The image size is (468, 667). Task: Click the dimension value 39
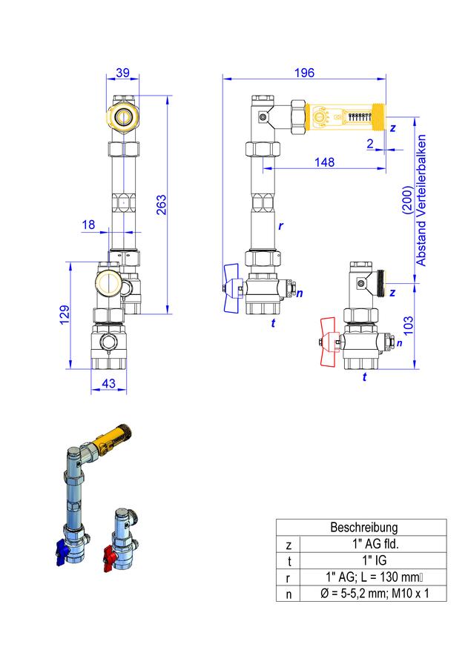coord(122,73)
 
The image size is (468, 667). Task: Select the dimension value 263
coord(162,205)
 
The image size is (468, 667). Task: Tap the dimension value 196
coord(304,73)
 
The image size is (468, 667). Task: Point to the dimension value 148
coord(325,162)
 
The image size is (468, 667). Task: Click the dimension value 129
coord(65,315)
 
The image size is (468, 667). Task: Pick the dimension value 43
coord(108,383)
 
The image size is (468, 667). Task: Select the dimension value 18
coord(88,225)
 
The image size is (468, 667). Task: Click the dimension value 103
coord(408,325)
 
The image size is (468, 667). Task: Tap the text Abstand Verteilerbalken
coord(421,200)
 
